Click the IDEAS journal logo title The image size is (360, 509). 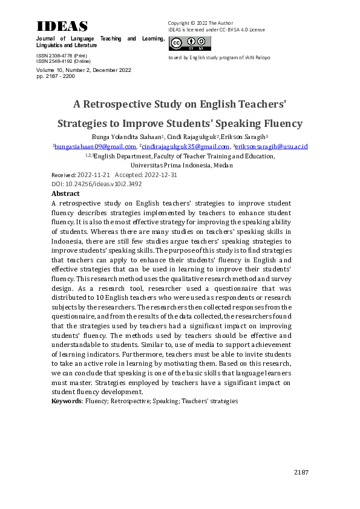tap(62, 26)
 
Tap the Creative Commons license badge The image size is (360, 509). tap(190, 44)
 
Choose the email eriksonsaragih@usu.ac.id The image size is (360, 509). tap(272, 146)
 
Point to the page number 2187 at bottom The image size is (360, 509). tap(301, 472)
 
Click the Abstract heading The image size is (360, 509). tap(65, 194)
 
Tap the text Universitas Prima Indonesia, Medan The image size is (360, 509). tap(180, 165)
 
